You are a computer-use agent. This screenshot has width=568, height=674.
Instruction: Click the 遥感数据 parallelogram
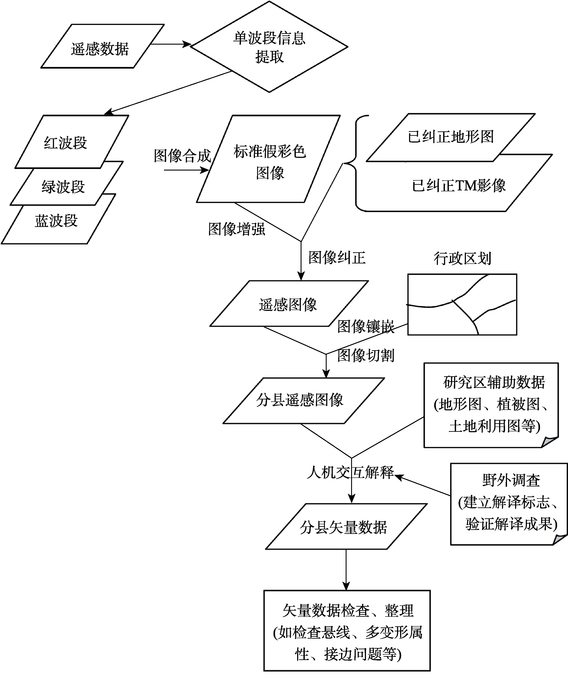click(102, 46)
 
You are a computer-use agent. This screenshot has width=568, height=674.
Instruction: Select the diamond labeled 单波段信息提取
click(269, 47)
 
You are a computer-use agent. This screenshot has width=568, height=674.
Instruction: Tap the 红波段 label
click(65, 143)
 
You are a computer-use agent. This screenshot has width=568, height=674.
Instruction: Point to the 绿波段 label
click(63, 187)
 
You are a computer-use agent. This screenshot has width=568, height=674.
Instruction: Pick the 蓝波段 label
click(56, 221)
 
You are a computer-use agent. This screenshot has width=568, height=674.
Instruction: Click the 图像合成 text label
click(182, 156)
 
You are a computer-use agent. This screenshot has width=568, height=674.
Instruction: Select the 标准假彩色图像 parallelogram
click(268, 159)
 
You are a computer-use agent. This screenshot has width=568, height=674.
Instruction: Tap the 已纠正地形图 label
click(451, 137)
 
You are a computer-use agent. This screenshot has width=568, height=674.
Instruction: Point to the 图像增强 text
click(237, 229)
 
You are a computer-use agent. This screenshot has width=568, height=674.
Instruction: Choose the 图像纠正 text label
click(337, 258)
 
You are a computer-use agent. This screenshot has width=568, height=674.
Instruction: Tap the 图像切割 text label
click(366, 355)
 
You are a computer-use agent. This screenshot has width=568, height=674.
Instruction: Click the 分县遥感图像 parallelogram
click(304, 401)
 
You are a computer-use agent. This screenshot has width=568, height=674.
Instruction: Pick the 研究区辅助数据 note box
click(491, 405)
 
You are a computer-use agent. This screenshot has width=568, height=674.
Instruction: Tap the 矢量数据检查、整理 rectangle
click(347, 630)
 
